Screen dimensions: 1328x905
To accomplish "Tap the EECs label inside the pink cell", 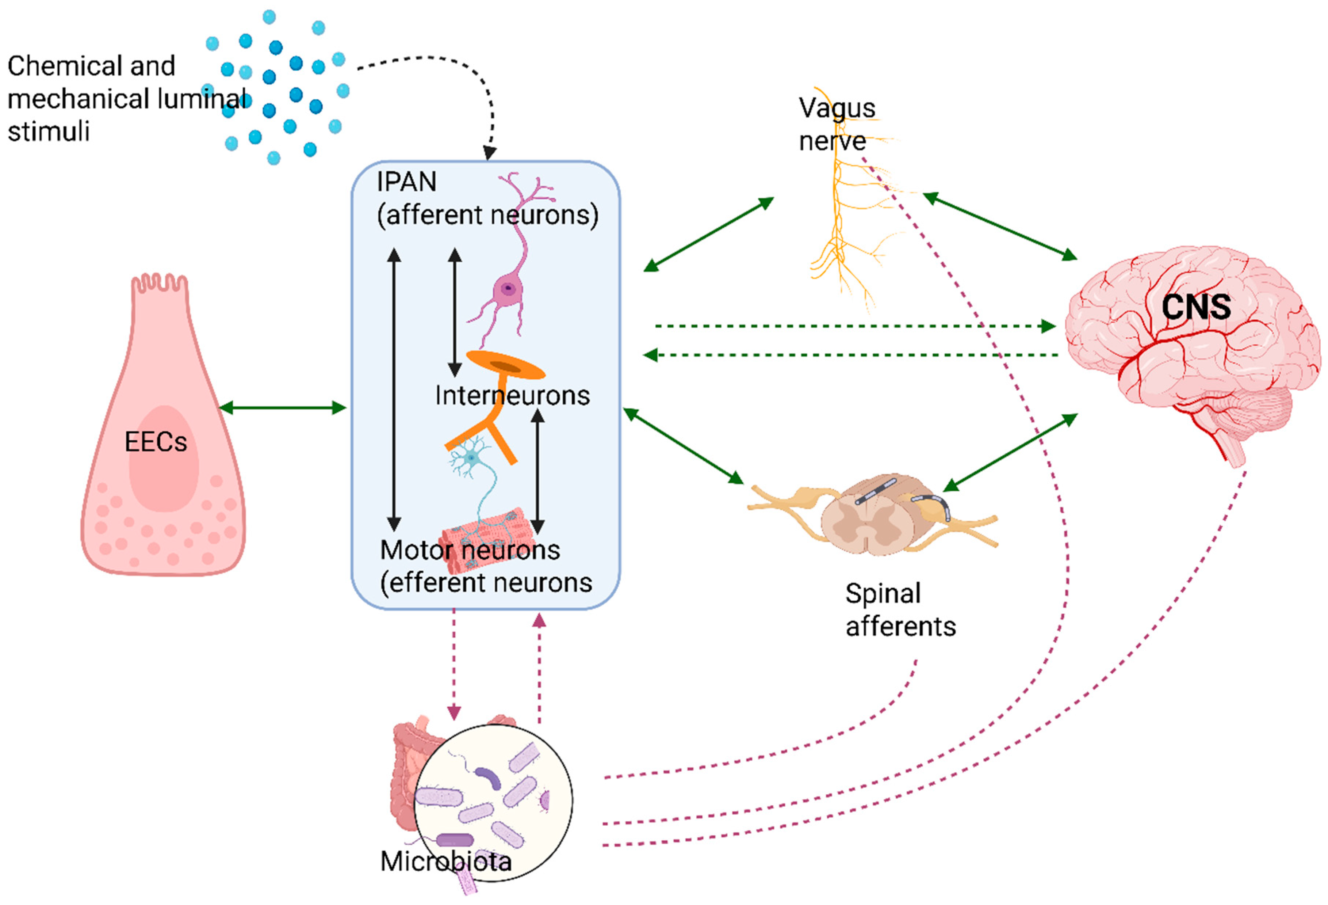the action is tap(156, 442).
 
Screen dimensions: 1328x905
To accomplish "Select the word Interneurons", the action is tap(512, 395).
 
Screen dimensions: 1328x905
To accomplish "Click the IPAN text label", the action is tap(406, 182).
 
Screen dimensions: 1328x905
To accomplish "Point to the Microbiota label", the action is tap(446, 861).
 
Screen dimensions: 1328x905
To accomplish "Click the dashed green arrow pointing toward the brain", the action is tap(856, 326).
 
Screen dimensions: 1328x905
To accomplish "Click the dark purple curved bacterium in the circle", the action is tap(487, 777).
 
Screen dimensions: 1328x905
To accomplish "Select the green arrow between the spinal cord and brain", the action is tap(1010, 452).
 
